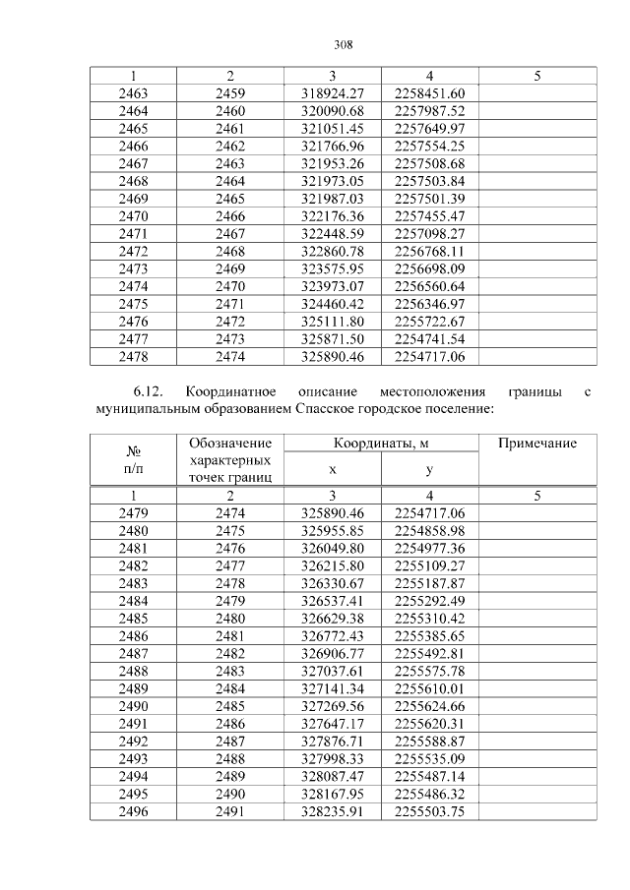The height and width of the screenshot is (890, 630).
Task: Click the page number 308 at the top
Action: click(x=343, y=44)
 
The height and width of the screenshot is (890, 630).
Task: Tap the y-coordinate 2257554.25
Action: click(x=428, y=146)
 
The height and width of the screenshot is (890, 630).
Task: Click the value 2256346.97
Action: click(x=428, y=303)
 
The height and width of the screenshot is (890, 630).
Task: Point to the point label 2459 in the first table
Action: click(x=230, y=93)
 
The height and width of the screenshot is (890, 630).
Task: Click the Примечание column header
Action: click(x=536, y=445)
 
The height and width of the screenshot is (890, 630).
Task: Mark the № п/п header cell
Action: click(x=133, y=461)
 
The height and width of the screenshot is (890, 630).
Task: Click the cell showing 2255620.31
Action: click(x=428, y=724)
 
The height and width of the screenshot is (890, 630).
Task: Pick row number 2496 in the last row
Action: click(x=133, y=811)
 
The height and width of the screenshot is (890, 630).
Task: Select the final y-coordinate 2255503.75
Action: click(x=428, y=811)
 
